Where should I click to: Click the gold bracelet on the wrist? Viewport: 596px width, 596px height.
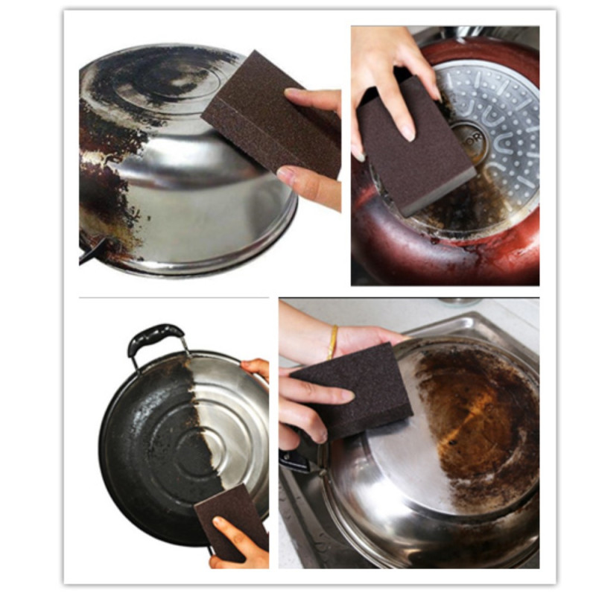coord(332,342)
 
